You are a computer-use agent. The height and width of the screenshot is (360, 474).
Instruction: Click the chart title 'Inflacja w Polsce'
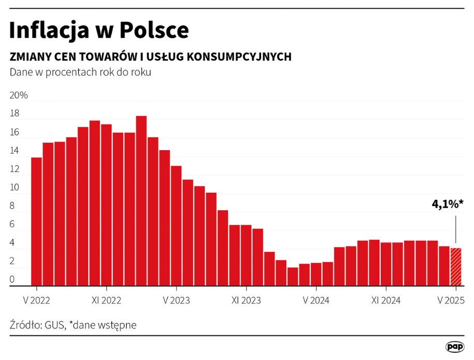pyautogui.click(x=99, y=31)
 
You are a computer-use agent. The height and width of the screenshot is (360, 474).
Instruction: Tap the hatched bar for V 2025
pyautogui.click(x=456, y=267)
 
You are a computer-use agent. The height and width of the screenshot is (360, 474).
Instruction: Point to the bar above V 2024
pyautogui.click(x=316, y=274)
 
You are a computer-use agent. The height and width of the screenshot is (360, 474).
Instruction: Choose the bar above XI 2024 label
pyautogui.click(x=386, y=264)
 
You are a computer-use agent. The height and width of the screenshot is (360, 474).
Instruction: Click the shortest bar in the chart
pyautogui.click(x=293, y=276)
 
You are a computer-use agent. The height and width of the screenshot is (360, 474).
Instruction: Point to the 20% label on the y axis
pyautogui.click(x=19, y=96)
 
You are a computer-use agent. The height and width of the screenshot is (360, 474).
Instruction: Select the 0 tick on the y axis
pyautogui.click(x=12, y=280)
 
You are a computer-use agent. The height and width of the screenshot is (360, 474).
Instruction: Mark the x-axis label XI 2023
pyautogui.click(x=246, y=300)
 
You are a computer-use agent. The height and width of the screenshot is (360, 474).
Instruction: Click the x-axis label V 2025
pyautogui.click(x=451, y=300)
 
